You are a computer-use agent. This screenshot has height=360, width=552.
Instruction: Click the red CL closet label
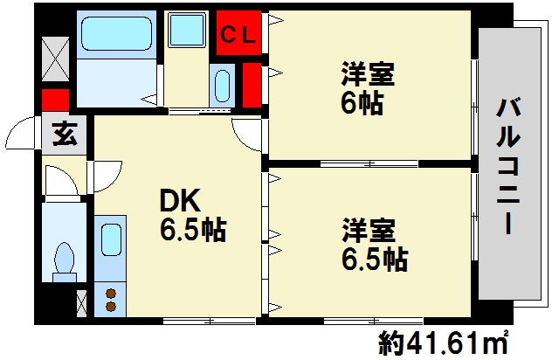238,35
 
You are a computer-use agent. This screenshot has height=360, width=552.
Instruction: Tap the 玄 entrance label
64,135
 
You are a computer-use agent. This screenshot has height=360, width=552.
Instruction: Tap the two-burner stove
111,300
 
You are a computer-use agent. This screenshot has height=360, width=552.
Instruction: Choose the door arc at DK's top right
247,135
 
